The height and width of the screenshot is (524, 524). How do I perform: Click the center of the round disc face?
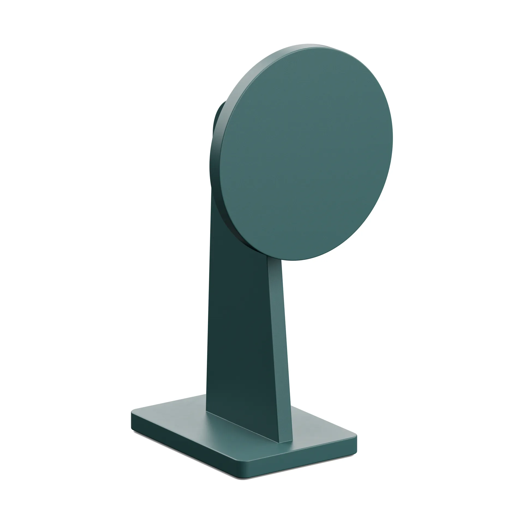[306, 153]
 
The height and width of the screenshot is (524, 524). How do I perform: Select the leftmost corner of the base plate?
[132, 415]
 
